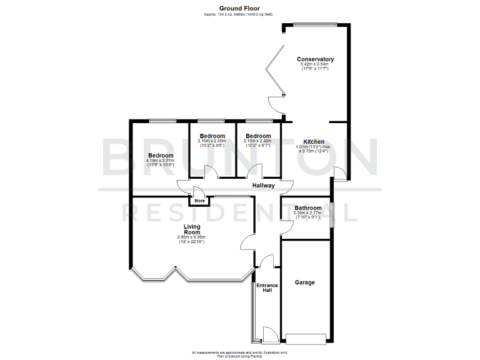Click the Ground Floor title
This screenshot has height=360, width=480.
coord(239,8)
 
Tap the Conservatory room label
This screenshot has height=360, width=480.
coord(316,59)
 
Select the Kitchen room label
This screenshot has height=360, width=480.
coord(314,141)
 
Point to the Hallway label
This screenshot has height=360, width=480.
coord(264,186)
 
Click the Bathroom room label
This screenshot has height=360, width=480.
coord(308,208)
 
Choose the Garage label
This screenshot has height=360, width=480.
coord(304,282)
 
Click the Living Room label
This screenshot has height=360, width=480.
coord(192,229)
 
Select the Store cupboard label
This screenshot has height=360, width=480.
coord(199,201)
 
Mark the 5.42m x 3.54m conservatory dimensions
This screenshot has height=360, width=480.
coord(316,66)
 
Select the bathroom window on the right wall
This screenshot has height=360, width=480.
coord(332,215)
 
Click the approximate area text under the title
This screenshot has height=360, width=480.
coord(239,14)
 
